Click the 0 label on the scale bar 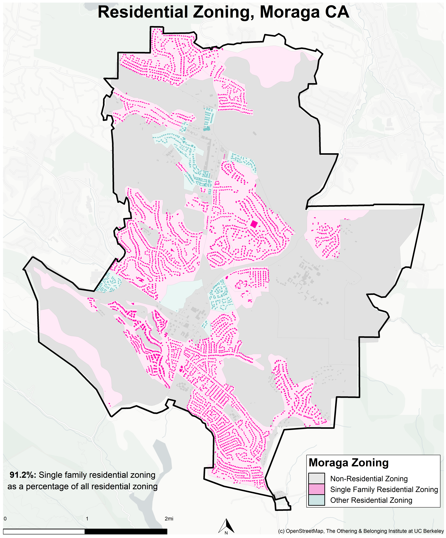click(5, 519)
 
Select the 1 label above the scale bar click(87, 519)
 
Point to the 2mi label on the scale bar click(169, 519)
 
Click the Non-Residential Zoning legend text click(369, 479)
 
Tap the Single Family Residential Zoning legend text click(384, 489)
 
